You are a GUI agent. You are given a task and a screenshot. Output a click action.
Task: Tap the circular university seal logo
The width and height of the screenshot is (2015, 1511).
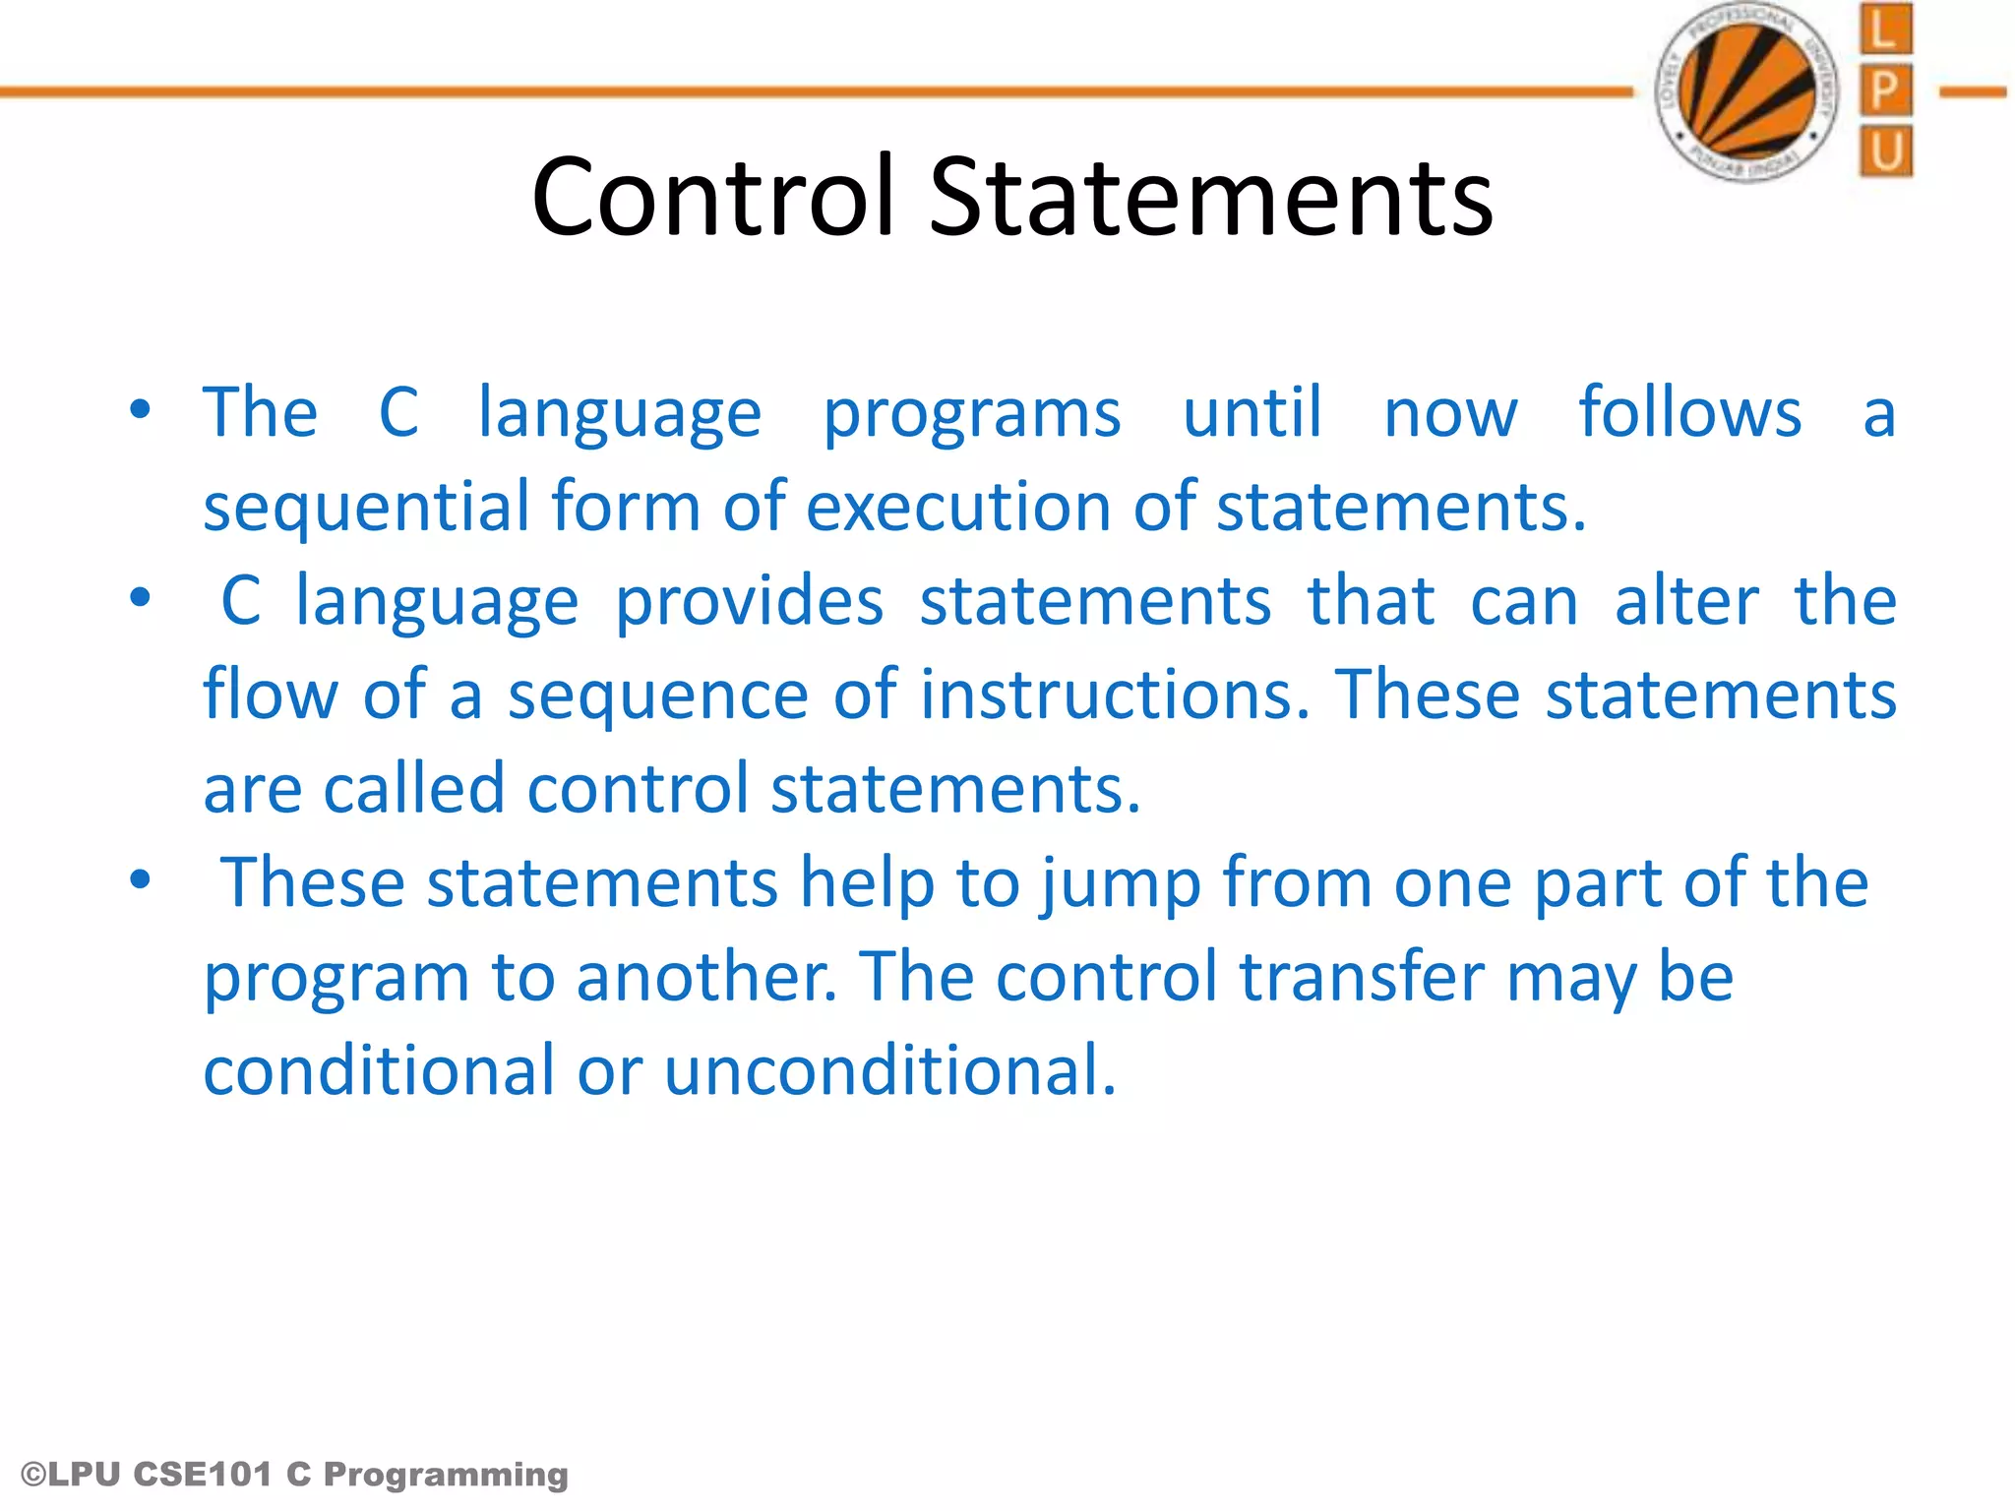(x=1747, y=92)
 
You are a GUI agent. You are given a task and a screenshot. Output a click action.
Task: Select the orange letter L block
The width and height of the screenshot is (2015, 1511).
(x=1885, y=30)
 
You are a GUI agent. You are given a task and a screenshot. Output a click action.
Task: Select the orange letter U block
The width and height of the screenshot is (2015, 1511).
(x=1885, y=151)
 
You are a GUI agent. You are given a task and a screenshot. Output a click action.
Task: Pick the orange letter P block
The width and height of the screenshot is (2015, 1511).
(x=1885, y=91)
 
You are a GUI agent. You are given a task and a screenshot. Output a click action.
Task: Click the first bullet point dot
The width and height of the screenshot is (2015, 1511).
(x=141, y=409)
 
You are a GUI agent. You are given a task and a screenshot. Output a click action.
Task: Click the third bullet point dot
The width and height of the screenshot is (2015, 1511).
(x=141, y=879)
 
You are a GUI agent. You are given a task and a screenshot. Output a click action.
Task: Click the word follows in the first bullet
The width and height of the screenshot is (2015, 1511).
(x=1689, y=412)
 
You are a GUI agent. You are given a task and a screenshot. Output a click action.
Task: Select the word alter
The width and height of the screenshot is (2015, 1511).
(x=1686, y=601)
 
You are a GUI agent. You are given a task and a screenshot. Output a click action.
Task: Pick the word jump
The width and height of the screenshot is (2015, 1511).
(x=1121, y=884)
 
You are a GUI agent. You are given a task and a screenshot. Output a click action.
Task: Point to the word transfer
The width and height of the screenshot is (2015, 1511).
(x=1362, y=978)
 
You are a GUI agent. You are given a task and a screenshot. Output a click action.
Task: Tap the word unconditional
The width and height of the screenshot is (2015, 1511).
(x=890, y=1071)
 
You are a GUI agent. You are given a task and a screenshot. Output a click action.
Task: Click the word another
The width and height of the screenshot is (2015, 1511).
(x=706, y=978)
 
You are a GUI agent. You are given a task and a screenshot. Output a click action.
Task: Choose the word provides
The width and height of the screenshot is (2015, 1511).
(x=749, y=601)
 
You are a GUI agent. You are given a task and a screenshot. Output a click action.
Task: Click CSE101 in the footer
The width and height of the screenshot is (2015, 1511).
(x=203, y=1475)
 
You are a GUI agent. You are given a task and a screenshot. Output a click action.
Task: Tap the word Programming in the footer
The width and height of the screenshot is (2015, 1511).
(x=446, y=1476)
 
